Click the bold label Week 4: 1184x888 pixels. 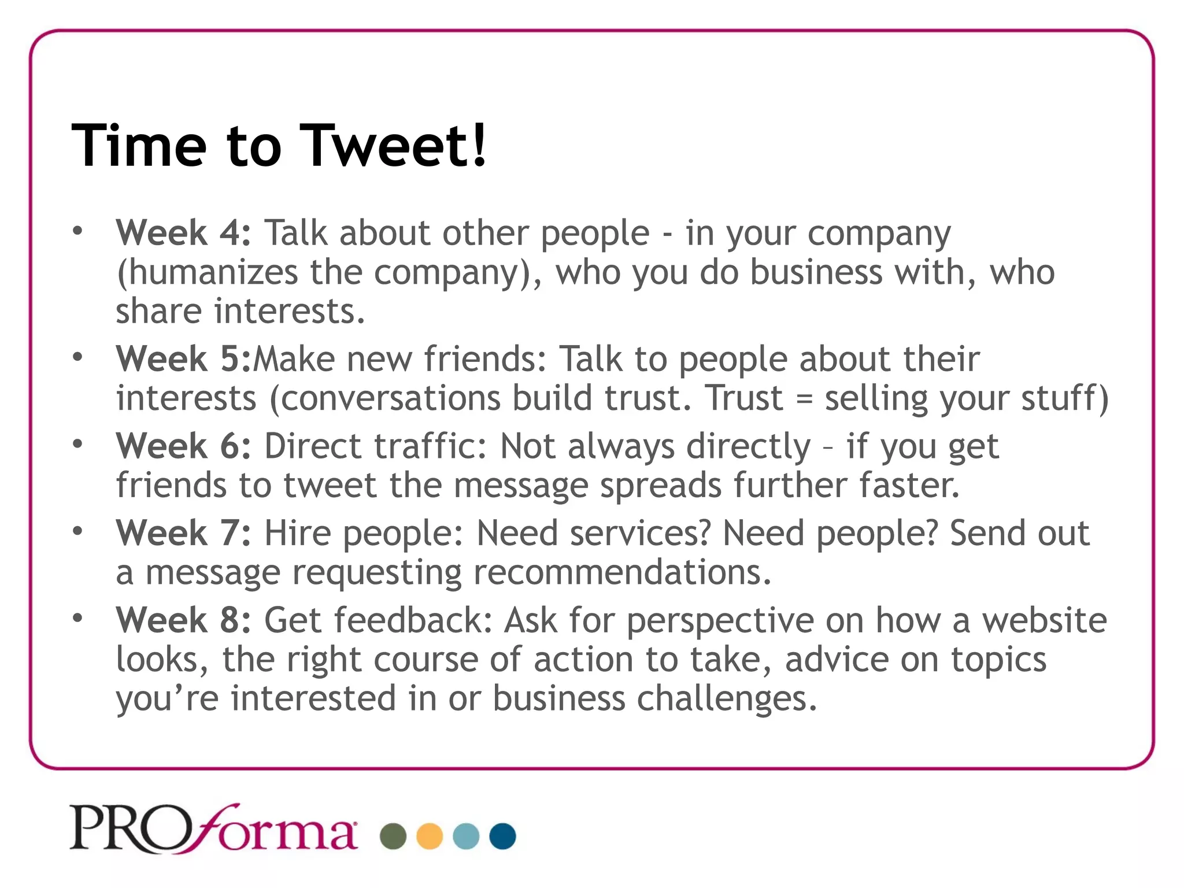click(x=183, y=233)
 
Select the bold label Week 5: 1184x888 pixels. click(x=183, y=359)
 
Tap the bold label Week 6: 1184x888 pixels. click(x=183, y=446)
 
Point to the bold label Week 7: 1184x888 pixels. click(x=183, y=533)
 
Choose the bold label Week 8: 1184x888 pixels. click(x=183, y=620)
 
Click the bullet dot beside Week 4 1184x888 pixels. click(x=78, y=231)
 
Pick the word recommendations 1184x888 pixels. click(x=622, y=572)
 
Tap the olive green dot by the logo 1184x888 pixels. click(x=393, y=836)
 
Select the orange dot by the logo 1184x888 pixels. click(x=430, y=836)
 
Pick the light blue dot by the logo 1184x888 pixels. click(x=466, y=836)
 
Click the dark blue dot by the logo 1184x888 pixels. click(x=502, y=836)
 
